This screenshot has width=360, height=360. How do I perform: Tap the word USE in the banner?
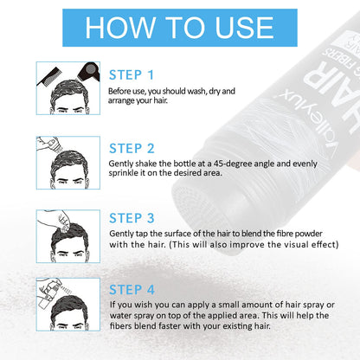click(x=244, y=28)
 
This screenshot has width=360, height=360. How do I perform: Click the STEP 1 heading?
click(x=132, y=75)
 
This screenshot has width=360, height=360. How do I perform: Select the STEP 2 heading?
click(x=132, y=149)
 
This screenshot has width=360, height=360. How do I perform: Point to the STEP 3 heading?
click(x=132, y=218)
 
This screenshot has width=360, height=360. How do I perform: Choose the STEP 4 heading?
click(x=132, y=290)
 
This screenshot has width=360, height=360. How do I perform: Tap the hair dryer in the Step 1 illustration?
click(x=89, y=72)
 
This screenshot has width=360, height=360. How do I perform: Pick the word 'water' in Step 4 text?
click(x=120, y=315)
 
